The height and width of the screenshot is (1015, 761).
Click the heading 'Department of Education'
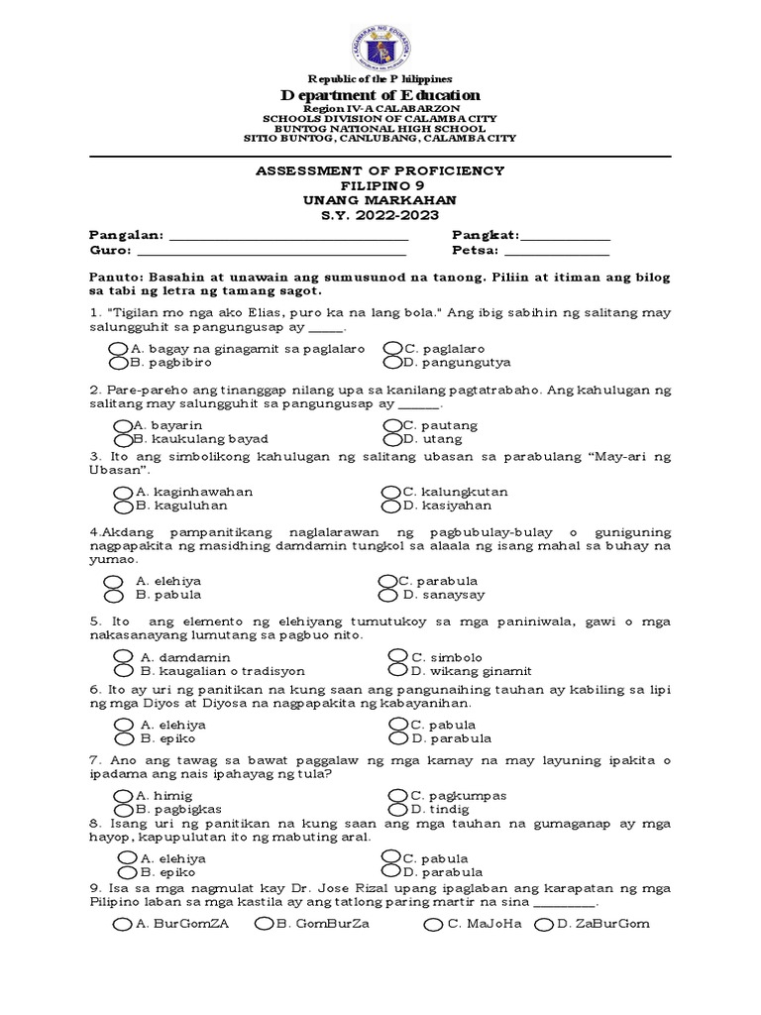pos(380,95)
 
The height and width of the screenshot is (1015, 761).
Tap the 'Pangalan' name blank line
pos(289,238)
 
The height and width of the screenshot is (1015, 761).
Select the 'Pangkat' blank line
pos(566,238)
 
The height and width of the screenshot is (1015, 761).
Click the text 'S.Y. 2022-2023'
pos(380,215)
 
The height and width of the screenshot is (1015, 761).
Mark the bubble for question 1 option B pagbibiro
pos(118,363)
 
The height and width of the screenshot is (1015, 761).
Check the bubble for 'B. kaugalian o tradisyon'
pos(125,670)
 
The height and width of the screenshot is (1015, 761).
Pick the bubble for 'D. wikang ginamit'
pos(397,670)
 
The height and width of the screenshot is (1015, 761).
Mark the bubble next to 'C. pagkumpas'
pos(397,796)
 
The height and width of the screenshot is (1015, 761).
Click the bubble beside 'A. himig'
pos(123,796)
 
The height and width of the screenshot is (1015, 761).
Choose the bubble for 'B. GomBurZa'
pos(264,925)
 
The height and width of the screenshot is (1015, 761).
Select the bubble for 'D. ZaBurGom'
pos(543,925)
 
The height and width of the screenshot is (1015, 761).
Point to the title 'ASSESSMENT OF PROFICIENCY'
pos(380,171)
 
